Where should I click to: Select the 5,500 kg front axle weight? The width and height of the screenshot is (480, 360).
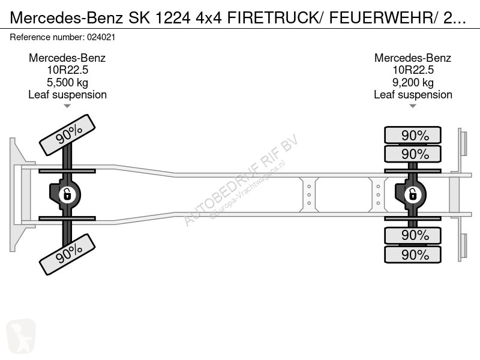67,82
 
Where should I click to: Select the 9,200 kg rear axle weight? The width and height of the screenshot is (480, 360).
413,82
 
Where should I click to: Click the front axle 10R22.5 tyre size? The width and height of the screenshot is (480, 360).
67,70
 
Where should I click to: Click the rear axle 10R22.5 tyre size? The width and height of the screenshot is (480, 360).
413,70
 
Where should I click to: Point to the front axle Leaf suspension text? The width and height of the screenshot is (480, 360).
67,94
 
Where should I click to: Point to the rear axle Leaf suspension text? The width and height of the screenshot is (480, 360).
413,94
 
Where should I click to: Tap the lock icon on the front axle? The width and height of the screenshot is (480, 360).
67,194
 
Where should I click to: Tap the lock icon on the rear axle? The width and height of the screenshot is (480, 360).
413,194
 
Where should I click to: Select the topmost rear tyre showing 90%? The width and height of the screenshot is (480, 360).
413,134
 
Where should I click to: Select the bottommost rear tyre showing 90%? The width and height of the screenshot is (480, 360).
413,254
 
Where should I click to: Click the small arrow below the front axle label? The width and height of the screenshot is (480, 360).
67,106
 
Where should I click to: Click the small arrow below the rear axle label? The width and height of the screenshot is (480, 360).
413,106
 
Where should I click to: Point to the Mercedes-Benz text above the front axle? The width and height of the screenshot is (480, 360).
67,58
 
